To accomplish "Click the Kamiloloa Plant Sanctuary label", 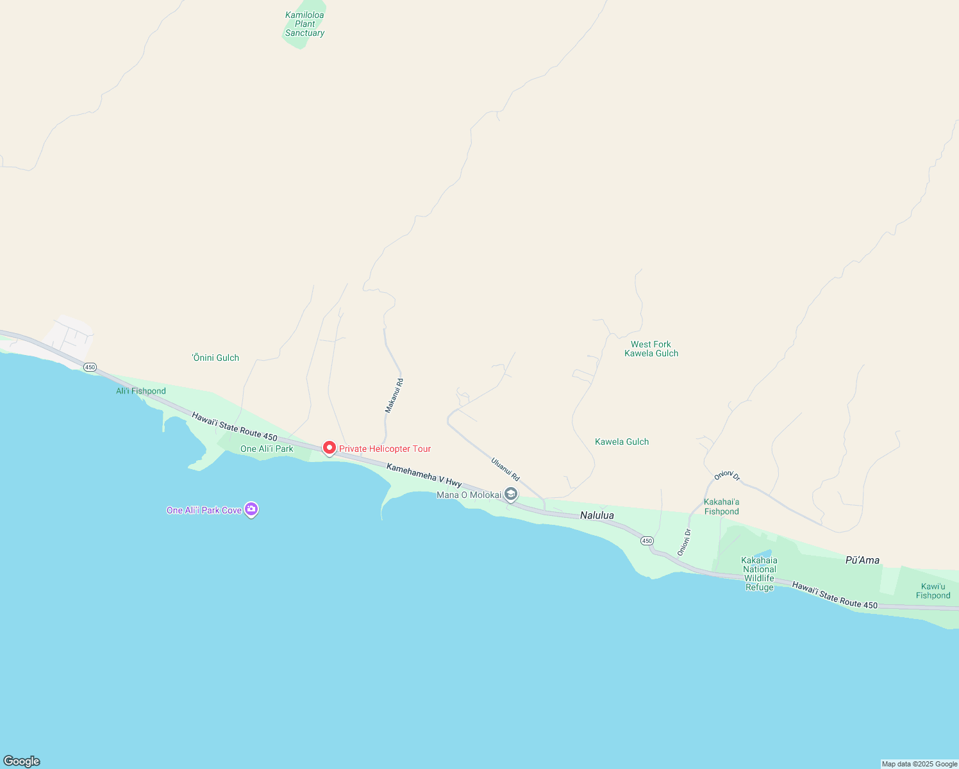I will point(304,24).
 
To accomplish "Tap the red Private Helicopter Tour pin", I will point(329,448).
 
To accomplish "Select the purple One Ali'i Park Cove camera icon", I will point(251,509).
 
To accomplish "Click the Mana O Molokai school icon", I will point(511,494).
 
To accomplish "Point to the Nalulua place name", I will point(597,515).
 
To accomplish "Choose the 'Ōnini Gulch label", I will point(215,358).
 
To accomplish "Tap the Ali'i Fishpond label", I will point(141,391).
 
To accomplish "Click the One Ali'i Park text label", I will point(267,449).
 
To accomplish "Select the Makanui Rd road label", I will point(394,395).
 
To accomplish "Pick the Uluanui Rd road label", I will point(505,469).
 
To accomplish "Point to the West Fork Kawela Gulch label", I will point(651,349).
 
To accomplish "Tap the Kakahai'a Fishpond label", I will point(722,507).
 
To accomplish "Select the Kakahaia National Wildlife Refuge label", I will point(760,574).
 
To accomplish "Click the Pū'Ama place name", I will point(862,560).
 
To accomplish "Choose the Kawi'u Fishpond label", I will point(933,591).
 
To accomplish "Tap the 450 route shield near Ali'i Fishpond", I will point(90,367).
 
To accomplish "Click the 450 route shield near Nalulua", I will point(647,541).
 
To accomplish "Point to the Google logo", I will point(22,761).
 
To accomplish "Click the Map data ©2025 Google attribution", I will point(919,764).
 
